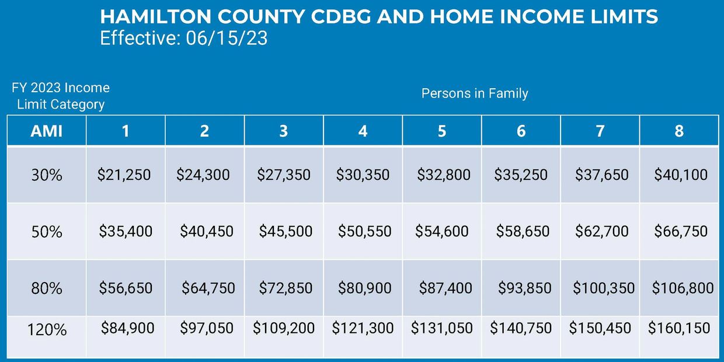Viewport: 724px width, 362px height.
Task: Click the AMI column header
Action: point(46,131)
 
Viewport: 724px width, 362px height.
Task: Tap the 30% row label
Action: point(46,175)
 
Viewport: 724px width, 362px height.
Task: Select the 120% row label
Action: point(47,330)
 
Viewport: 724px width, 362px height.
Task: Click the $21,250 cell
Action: point(124,175)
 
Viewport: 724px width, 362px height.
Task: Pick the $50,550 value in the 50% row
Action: point(364,231)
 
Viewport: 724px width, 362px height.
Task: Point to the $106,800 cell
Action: point(683,288)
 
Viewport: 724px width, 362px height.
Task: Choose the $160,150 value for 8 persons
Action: point(679,328)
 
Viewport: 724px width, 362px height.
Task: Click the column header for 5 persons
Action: point(441,131)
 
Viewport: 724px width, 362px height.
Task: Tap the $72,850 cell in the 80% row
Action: point(286,288)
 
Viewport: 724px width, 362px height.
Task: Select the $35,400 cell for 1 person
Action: point(126,231)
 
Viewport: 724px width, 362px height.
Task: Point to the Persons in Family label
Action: point(475,93)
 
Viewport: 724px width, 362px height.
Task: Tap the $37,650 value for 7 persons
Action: point(602,175)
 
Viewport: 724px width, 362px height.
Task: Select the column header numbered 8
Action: point(679,131)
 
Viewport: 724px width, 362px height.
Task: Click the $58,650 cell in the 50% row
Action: point(523,231)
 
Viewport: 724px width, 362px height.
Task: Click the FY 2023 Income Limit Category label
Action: point(61,96)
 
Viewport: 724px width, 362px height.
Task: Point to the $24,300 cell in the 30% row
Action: point(203,175)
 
